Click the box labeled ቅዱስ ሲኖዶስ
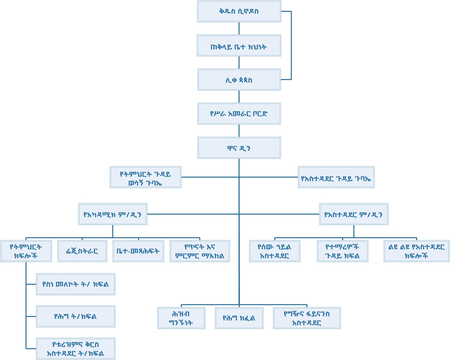239,11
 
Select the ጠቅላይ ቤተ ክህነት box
239,46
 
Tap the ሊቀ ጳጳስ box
239,80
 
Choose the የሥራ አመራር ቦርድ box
239,114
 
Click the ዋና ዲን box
239,148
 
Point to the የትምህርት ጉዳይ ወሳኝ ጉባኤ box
145,177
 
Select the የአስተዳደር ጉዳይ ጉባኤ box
336,177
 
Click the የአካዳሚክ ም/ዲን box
113,214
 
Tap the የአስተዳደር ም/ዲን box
354,214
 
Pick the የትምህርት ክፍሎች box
26,251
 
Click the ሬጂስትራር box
82,251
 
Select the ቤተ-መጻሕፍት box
138,251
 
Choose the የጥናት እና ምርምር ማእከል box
200,251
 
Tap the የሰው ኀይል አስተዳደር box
275,251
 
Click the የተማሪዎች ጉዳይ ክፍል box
343,251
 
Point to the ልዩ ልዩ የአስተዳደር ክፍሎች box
417,251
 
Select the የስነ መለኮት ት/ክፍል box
76,284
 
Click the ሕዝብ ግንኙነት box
181,318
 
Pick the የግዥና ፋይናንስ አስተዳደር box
307,318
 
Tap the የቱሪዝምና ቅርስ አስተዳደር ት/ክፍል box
76,349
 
